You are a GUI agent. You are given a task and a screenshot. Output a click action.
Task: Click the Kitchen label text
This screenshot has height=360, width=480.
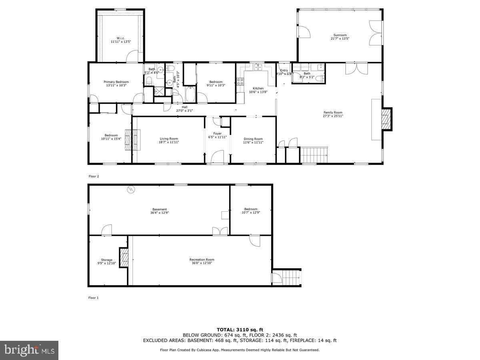[258, 88]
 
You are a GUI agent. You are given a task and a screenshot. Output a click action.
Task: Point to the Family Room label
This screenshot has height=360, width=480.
[333, 112]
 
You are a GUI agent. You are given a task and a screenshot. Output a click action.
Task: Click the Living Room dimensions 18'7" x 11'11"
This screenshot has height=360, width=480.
[168, 142]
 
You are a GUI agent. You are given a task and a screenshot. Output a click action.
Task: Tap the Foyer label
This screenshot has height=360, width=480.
[217, 134]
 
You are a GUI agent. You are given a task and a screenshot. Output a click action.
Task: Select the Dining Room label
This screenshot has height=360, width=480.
[253, 139]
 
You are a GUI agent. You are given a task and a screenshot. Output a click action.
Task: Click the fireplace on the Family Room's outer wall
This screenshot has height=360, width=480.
[386, 119]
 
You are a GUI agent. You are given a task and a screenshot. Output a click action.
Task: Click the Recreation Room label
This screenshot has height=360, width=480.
[202, 260]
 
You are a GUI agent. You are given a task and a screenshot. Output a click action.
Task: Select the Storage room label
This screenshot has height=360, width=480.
[106, 260]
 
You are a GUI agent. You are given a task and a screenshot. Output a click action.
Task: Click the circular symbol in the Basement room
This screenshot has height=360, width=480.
[130, 190]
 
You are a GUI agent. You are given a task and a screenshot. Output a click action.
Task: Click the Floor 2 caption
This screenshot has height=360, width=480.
[94, 176]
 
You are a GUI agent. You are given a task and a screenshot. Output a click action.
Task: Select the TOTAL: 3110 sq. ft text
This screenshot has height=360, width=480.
[240, 329]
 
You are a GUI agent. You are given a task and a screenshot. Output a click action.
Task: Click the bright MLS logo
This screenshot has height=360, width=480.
[29, 350]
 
